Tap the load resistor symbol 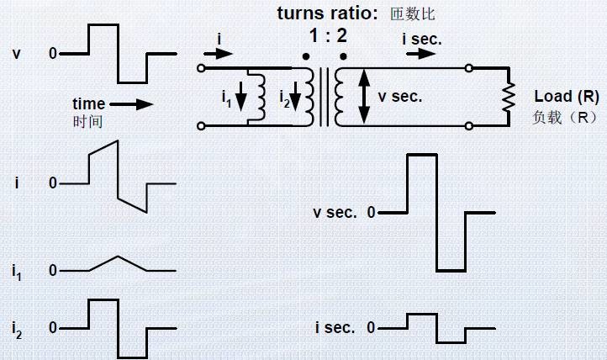click(x=508, y=98)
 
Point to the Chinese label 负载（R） click(x=565, y=117)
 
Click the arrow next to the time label click(x=132, y=104)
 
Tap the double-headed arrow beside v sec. click(x=364, y=97)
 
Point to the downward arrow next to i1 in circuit click(x=242, y=97)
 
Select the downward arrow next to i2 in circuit click(x=293, y=97)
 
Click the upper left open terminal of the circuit click(x=200, y=68)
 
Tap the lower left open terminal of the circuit click(x=200, y=126)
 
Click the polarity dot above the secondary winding click(x=342, y=56)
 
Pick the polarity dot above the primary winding click(x=305, y=56)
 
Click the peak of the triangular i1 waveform click(x=118, y=257)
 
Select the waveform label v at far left click(x=17, y=54)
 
